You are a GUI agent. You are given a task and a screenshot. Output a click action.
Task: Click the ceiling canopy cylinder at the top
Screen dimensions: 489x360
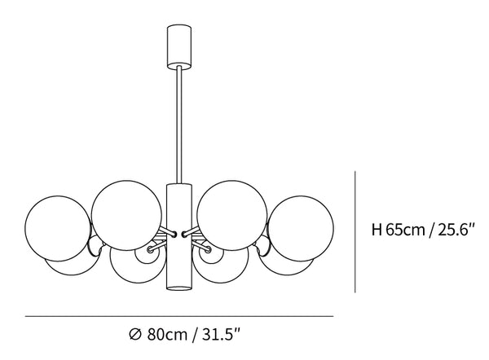[178, 46]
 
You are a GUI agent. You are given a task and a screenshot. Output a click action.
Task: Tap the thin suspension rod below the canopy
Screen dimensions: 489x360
[179, 125]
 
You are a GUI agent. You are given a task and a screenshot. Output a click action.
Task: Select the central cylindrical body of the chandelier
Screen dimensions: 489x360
[179, 237]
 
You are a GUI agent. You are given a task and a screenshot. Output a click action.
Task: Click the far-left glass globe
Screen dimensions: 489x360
[58, 229]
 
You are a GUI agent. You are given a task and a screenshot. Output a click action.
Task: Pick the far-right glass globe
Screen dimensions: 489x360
[300, 229]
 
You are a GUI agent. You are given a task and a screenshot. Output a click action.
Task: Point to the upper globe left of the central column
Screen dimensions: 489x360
[127, 215]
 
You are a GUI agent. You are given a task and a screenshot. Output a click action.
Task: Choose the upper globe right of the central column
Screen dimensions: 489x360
[232, 215]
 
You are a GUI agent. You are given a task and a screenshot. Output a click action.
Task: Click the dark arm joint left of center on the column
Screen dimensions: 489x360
[174, 234]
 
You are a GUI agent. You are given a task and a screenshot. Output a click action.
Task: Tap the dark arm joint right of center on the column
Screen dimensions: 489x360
[184, 234]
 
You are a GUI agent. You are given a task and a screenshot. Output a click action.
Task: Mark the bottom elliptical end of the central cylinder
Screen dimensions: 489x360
[179, 288]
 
